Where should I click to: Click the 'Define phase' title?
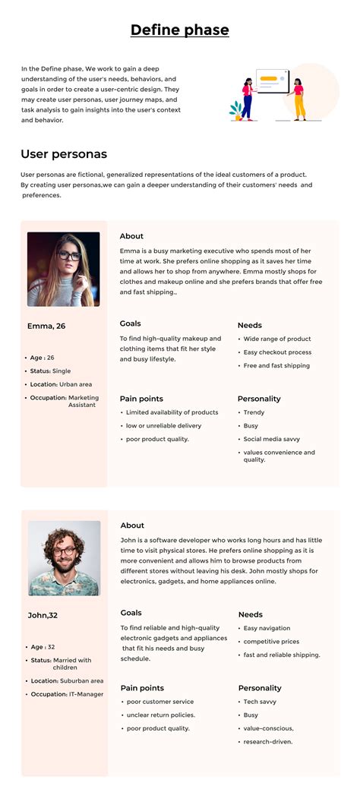(x=179, y=30)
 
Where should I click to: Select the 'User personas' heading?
(x=64, y=154)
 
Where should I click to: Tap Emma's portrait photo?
(x=64, y=269)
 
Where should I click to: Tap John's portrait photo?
(x=65, y=558)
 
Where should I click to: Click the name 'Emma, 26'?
(x=46, y=327)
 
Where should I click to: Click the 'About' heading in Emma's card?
(x=131, y=236)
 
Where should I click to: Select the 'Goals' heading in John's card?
(x=131, y=613)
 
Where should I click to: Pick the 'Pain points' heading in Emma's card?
(x=141, y=399)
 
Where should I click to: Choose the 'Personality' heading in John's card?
(x=260, y=688)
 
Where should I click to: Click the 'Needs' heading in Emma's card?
(x=249, y=325)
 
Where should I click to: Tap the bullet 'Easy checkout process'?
(x=277, y=352)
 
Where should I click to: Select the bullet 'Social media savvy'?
(x=271, y=439)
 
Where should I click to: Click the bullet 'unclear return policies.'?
(x=162, y=715)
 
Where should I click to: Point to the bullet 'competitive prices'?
(x=271, y=642)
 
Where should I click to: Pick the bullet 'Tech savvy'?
(x=261, y=702)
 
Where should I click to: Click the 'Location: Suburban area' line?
(x=68, y=681)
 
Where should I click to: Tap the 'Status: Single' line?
(x=51, y=371)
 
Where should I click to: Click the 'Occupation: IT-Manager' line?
(x=67, y=694)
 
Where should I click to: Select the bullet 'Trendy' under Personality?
(x=254, y=412)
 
